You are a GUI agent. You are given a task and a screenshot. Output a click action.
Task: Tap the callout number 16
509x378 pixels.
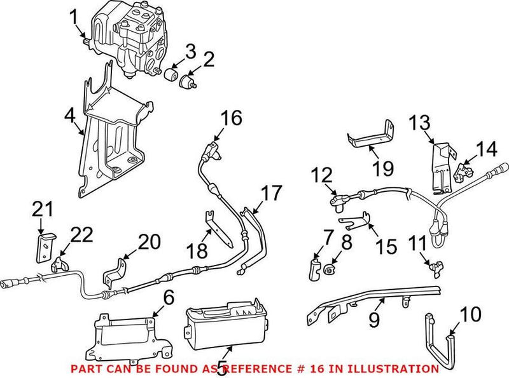(x=232, y=119)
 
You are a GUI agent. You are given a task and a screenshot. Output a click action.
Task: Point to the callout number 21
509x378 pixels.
(x=42, y=209)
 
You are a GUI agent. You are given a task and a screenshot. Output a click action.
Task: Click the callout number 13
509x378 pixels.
(x=419, y=123)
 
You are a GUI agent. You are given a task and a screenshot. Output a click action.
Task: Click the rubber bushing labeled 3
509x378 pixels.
(x=170, y=77)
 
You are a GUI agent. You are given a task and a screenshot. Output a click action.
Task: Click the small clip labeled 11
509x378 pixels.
(x=435, y=267)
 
